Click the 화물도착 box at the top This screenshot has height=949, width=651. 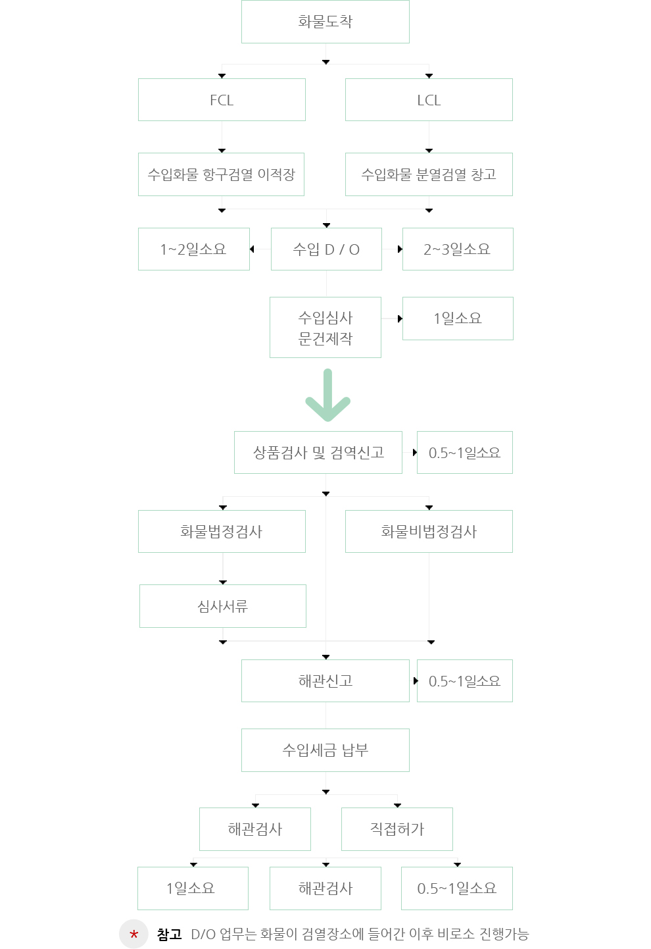click(325, 22)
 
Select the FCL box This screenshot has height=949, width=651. click(222, 100)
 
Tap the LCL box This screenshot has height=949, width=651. click(429, 100)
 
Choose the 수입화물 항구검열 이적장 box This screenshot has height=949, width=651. click(221, 174)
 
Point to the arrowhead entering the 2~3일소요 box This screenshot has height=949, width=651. click(400, 249)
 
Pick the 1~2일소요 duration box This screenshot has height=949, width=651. click(194, 249)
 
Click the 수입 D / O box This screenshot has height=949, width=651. click(326, 249)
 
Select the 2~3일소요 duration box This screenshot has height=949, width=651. click(458, 249)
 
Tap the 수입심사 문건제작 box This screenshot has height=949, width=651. click(325, 328)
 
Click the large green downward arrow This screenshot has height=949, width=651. click(327, 396)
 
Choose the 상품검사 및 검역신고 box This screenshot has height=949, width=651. click(318, 453)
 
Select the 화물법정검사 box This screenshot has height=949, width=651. click(222, 531)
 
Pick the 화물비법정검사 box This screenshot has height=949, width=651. click(429, 531)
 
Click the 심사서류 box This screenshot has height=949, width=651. click(223, 606)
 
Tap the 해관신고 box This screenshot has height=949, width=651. click(325, 681)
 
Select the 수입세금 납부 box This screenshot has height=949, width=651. click(325, 750)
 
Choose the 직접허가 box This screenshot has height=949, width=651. click(397, 829)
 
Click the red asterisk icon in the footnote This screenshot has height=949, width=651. click(133, 934)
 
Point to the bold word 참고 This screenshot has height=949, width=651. click(169, 934)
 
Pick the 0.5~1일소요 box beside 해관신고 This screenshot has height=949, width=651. click(465, 681)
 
